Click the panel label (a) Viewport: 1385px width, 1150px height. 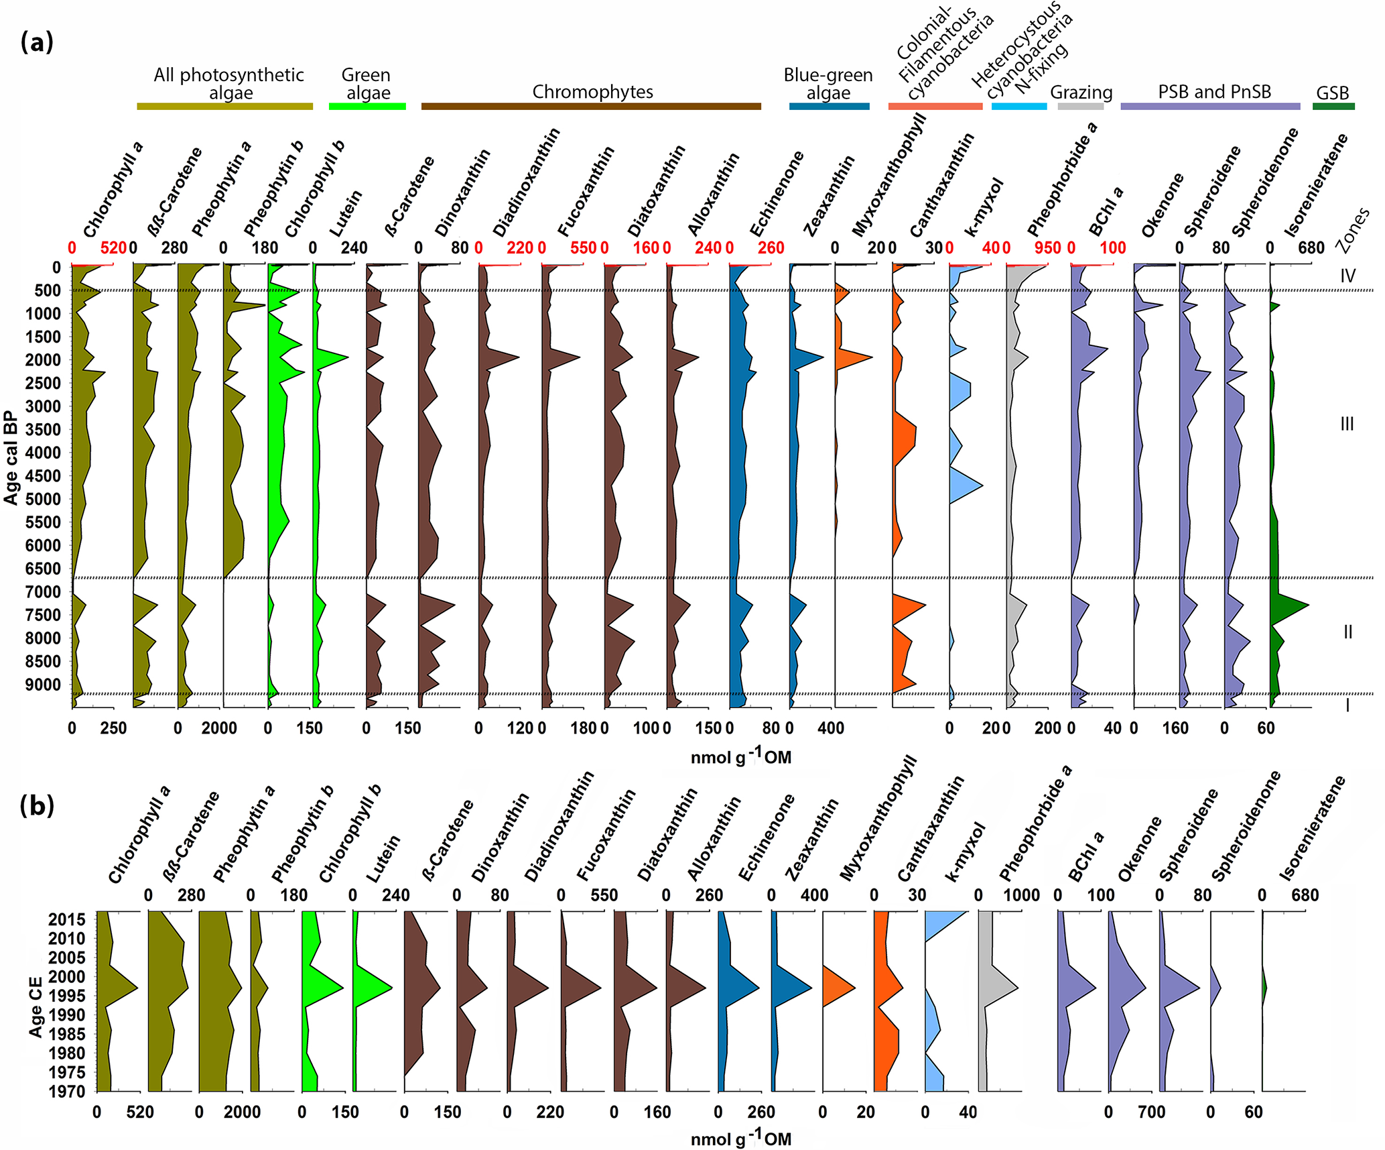37,42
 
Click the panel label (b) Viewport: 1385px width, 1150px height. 37,805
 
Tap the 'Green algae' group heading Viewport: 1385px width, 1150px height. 367,84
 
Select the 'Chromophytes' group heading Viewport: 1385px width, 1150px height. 592,92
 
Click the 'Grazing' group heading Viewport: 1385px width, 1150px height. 1081,93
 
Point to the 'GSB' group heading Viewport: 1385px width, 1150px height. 1332,93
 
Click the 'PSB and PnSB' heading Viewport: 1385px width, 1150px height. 1214,92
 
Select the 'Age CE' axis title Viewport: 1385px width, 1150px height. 36,1006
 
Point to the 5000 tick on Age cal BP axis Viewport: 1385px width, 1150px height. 43,499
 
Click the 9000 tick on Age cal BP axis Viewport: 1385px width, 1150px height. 43,685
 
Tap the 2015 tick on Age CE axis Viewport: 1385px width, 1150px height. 67,919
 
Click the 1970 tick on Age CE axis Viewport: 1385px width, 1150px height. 67,1091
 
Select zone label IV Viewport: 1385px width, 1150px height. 1347,276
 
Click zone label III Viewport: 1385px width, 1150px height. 1347,424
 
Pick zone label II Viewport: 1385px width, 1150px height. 1347,632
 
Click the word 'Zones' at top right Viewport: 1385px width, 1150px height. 1352,230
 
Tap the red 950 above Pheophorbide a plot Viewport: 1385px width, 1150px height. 1047,248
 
